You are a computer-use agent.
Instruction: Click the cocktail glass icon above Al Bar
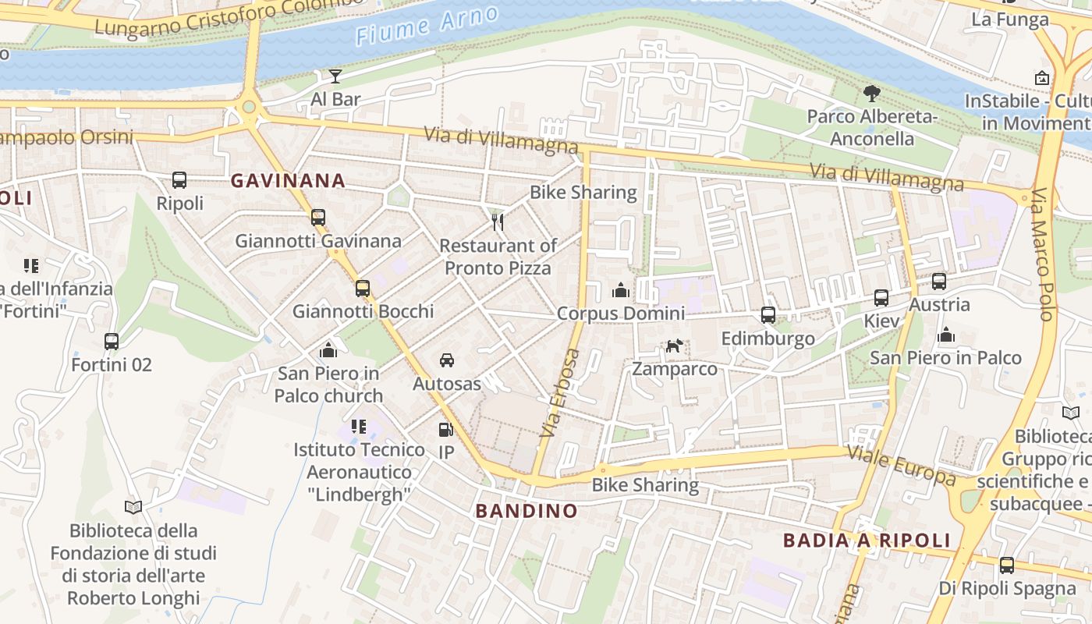click(335, 76)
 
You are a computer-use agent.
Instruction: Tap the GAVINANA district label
click(288, 181)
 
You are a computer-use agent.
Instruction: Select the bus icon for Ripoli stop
click(179, 180)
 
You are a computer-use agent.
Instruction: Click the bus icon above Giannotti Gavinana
click(318, 218)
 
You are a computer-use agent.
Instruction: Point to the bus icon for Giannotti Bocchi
click(363, 288)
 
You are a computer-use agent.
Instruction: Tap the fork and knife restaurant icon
click(498, 222)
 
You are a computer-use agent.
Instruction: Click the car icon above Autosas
click(447, 360)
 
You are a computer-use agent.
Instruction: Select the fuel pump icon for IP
click(445, 429)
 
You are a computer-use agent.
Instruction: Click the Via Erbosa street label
click(561, 392)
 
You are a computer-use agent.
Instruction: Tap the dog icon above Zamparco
click(674, 345)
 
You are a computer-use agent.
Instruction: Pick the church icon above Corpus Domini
click(621, 290)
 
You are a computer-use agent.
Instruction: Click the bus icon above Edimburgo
click(768, 315)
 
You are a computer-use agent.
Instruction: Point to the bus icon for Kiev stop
click(881, 298)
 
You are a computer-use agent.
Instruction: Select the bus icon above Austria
click(939, 282)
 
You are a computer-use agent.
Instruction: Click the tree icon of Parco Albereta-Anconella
click(872, 94)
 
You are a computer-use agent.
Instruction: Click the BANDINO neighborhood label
click(526, 512)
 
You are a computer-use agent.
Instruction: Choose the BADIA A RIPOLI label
click(867, 541)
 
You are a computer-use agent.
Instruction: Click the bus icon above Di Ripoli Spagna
click(1007, 565)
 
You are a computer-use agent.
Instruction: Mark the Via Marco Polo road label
click(1044, 254)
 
